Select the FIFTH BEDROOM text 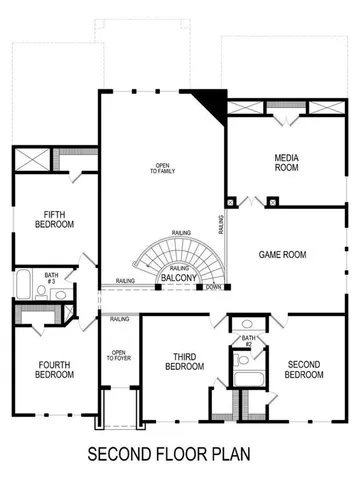point(55,219)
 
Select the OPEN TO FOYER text point(118,356)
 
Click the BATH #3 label point(51,277)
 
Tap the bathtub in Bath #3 point(24,284)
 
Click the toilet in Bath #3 point(58,294)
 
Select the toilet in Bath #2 point(241,360)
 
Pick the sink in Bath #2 point(246,325)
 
